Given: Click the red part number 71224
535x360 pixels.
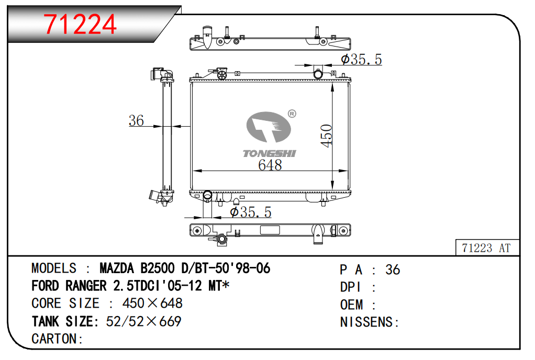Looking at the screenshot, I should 80,24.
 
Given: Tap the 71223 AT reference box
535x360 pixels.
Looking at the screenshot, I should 486,248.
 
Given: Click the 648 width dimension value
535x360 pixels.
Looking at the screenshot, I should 270,165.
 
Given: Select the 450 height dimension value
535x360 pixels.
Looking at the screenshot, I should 327,136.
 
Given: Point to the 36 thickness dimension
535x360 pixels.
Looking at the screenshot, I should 136,120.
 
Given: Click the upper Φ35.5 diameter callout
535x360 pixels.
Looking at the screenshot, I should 361,60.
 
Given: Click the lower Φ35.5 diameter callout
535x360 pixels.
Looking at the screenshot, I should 251,212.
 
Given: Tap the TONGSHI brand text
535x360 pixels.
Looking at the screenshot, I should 270,153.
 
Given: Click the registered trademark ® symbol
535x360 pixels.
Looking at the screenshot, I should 292,114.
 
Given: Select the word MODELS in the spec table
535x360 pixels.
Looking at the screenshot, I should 54,269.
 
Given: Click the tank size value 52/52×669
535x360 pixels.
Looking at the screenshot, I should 143,321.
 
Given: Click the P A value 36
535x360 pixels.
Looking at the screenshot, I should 393,269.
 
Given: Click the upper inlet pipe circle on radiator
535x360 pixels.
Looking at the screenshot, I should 318,74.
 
